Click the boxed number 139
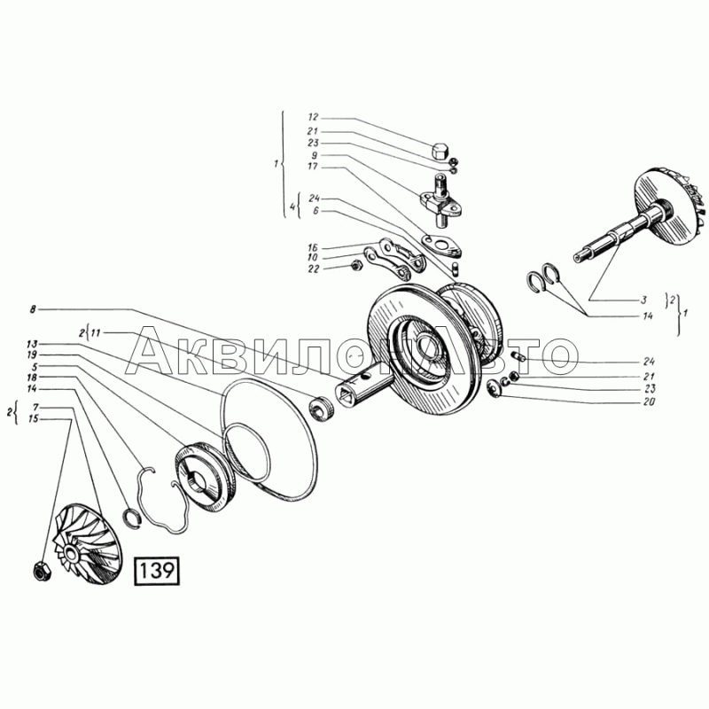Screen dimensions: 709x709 coord(157,571)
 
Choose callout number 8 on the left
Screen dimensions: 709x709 coord(32,309)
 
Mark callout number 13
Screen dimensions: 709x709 coord(32,343)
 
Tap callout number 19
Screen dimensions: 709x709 coord(32,354)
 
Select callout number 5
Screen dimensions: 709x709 coord(32,366)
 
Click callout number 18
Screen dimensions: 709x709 coord(32,378)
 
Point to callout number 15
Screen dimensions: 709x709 coord(32,418)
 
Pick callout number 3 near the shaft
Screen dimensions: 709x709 coord(645,299)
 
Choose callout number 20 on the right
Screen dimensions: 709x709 coord(651,401)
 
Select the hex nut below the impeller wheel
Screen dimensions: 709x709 coord(39,572)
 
